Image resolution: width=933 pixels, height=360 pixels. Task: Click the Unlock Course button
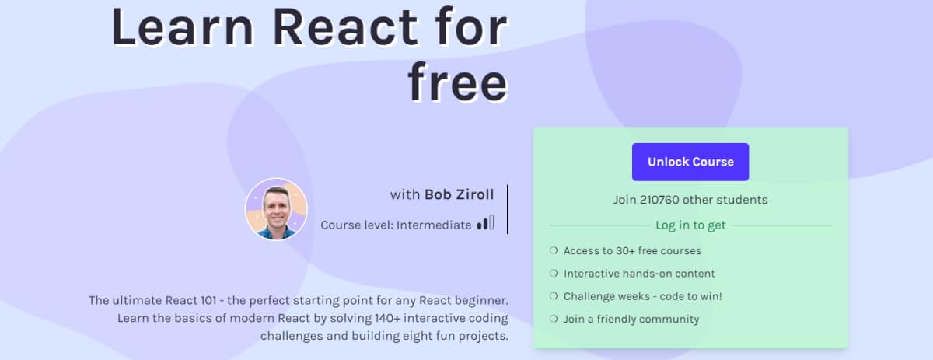(x=690, y=162)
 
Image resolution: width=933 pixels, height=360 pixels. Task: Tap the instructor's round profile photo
(x=276, y=209)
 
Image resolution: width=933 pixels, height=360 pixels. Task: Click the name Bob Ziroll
(x=459, y=194)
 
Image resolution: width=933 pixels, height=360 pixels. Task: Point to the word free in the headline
(x=458, y=82)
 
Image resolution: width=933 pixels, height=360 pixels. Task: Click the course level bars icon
(x=486, y=222)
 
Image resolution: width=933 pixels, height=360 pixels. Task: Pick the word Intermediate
(x=434, y=225)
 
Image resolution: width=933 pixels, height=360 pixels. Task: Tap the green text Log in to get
(x=690, y=225)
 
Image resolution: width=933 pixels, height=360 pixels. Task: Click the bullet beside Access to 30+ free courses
(x=554, y=250)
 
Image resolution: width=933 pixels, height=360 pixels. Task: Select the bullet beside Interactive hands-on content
(x=554, y=274)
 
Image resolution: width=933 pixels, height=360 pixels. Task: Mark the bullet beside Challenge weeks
(x=554, y=296)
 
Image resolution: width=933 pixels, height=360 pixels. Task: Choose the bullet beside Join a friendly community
(x=554, y=319)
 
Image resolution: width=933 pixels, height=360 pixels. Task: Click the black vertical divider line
(x=507, y=209)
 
